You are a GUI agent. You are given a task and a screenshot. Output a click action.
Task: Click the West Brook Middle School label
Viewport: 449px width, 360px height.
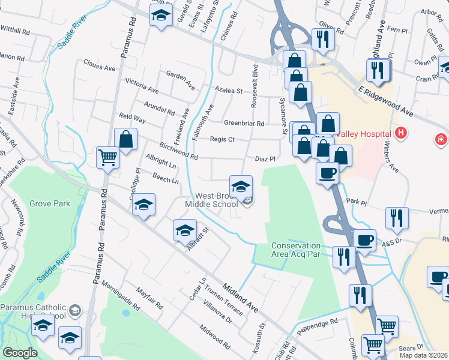click(x=216, y=200)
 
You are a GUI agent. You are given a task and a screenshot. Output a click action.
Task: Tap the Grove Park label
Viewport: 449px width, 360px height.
click(x=50, y=203)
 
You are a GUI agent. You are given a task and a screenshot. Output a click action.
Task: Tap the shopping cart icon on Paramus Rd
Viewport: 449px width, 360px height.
click(x=108, y=158)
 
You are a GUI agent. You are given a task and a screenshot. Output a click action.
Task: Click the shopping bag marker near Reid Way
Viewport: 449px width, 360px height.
click(x=126, y=140)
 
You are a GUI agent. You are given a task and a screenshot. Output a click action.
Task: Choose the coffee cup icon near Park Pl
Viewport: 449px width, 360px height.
click(x=328, y=173)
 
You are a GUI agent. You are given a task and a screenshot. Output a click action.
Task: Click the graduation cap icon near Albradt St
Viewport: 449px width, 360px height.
click(x=185, y=230)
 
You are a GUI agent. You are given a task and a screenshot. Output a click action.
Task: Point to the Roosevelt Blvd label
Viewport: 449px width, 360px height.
click(x=255, y=86)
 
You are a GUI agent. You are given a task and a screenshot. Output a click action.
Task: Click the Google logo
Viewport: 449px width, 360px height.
click(x=20, y=353)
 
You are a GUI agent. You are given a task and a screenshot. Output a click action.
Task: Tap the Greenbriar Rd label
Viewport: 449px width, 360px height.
click(x=244, y=124)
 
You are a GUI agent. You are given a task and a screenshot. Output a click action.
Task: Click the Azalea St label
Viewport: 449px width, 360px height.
click(x=229, y=91)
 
